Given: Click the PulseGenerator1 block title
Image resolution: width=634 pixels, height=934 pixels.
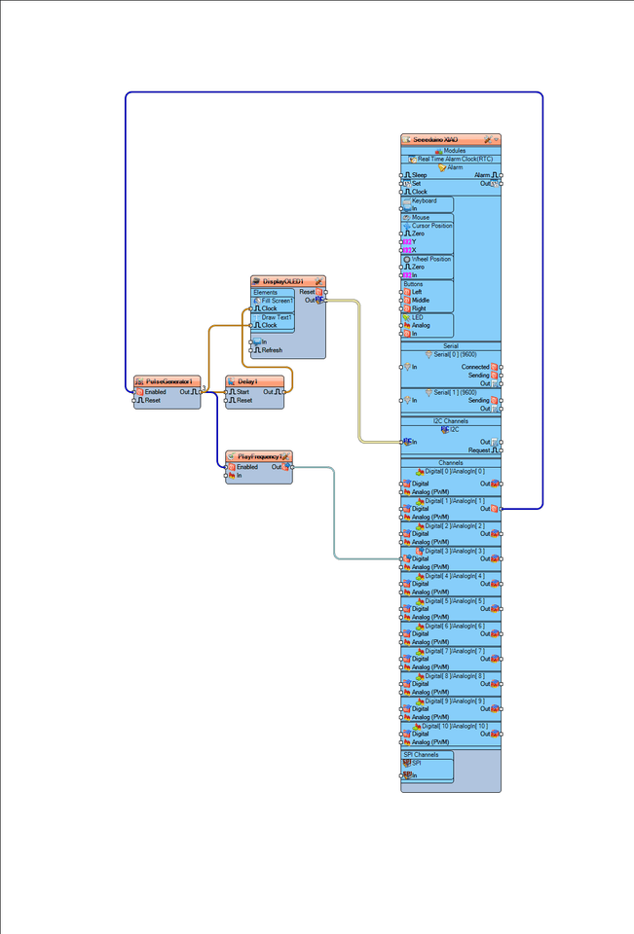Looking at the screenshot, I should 167,381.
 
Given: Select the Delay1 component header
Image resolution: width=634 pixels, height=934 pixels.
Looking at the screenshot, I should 247,381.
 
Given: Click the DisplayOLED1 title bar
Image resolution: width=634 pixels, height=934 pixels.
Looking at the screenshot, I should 283,281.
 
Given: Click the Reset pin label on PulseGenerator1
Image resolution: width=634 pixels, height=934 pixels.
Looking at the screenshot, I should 153,400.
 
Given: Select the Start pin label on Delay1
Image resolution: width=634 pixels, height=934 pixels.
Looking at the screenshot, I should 243,392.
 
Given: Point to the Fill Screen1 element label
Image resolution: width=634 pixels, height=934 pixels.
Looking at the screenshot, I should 278,301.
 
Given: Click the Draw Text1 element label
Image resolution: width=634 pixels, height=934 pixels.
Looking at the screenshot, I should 277,317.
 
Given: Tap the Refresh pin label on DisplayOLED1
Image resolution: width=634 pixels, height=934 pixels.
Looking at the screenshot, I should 272,350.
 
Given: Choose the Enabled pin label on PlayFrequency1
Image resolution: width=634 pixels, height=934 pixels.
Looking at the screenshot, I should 247,467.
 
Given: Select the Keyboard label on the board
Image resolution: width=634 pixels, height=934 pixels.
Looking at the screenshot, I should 425,200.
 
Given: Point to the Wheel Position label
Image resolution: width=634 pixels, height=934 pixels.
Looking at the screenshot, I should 430,259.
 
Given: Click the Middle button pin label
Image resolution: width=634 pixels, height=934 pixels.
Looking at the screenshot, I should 421,301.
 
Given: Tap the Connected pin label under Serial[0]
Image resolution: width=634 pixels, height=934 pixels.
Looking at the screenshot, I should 475,367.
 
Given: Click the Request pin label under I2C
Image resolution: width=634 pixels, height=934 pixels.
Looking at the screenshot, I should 478,450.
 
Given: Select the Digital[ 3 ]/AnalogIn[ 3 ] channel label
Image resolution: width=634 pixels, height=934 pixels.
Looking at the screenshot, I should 455,551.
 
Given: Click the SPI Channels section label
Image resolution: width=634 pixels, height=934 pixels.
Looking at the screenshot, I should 422,754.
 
